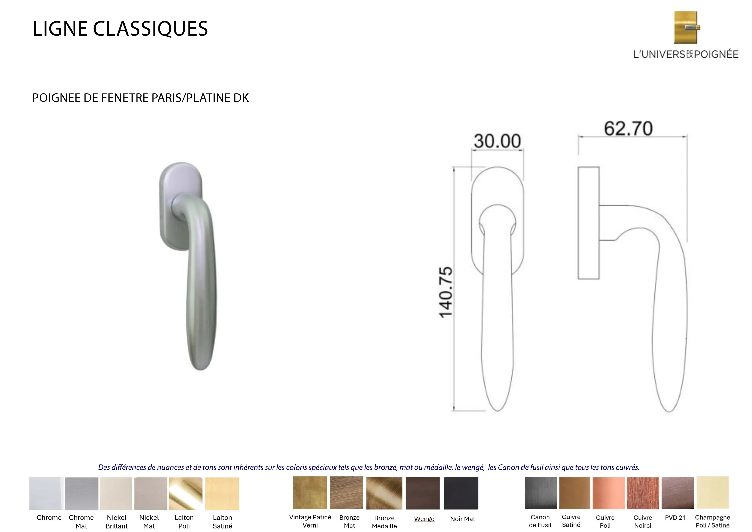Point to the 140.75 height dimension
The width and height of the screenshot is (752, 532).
445,292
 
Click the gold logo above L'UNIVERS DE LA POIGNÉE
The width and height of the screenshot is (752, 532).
686,27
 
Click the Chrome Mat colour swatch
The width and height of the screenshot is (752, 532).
81,494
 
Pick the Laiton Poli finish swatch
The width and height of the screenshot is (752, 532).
185,494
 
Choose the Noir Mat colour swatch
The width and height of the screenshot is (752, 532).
461,493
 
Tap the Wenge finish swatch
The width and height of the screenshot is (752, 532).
423,493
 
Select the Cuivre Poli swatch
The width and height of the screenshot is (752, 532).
609,493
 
